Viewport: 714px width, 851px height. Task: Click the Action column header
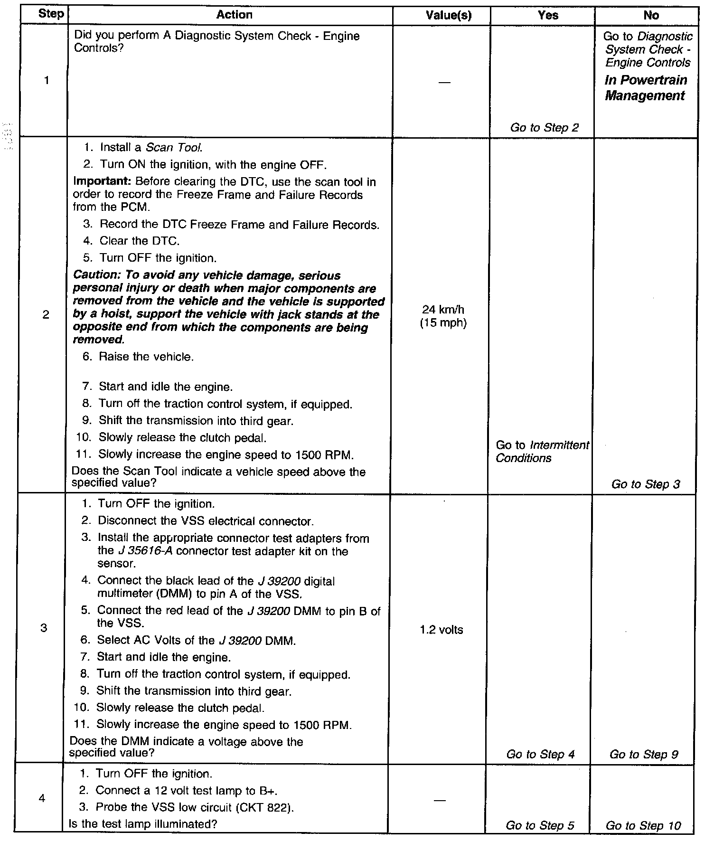click(234, 15)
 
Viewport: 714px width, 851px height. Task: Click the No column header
click(651, 16)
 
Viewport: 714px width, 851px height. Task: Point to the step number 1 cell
click(46, 81)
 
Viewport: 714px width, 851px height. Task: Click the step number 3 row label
click(44, 628)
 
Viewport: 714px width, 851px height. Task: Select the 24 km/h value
click(443, 310)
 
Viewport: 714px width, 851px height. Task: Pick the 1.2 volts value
click(442, 630)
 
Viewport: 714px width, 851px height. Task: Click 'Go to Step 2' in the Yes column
click(544, 128)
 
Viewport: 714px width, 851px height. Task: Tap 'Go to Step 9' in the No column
click(643, 754)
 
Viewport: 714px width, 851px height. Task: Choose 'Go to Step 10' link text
click(643, 825)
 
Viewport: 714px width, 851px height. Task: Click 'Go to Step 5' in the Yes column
click(540, 825)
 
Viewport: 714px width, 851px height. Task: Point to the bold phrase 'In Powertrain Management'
click(646, 88)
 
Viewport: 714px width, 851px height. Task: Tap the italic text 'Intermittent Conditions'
click(542, 452)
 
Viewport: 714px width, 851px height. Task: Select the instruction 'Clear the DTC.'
click(140, 241)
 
